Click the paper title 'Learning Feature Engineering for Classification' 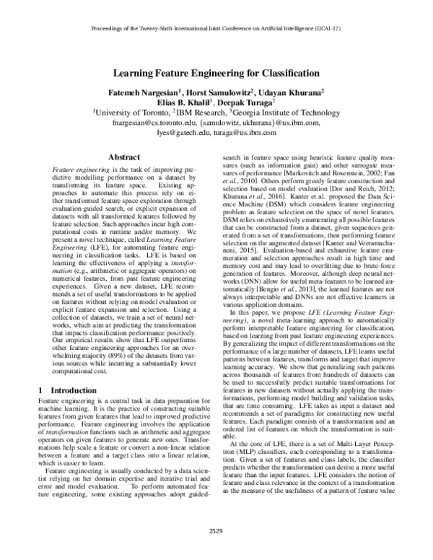pos(216,73)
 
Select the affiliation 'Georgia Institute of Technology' pos(289,114)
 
